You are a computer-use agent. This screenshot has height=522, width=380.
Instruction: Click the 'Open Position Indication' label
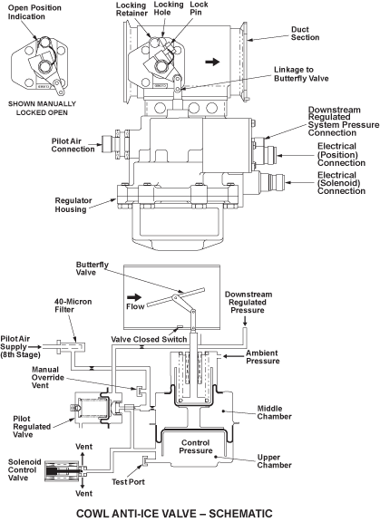(x=34, y=12)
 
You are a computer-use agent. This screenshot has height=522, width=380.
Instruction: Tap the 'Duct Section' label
(x=305, y=34)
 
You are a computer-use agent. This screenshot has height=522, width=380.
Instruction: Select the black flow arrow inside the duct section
(x=212, y=62)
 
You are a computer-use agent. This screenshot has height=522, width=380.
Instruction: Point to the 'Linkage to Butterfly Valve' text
(x=301, y=74)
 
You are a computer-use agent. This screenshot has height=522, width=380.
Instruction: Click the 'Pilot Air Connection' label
(x=73, y=145)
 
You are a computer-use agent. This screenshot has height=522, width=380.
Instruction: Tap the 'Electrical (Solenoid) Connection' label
(x=341, y=183)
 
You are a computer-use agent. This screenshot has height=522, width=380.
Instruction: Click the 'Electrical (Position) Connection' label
(x=341, y=154)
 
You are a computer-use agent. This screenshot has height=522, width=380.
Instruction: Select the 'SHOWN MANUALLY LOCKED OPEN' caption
(x=42, y=108)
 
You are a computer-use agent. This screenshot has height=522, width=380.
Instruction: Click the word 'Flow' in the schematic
(x=135, y=306)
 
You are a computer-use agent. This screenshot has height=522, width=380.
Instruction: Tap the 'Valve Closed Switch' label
(x=149, y=340)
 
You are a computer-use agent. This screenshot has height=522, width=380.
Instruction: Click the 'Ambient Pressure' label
(x=262, y=357)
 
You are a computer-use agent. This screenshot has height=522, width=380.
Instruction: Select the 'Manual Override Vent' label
(x=48, y=377)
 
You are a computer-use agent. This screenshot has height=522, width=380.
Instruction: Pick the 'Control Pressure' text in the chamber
(x=196, y=447)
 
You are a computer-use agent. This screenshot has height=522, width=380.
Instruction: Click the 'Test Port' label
(x=128, y=482)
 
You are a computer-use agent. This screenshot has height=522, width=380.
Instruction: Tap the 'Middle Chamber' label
(x=274, y=412)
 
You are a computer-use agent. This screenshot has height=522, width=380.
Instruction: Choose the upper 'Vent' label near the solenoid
(x=83, y=446)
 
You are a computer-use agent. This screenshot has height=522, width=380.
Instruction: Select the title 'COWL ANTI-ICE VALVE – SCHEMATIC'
(x=174, y=513)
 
